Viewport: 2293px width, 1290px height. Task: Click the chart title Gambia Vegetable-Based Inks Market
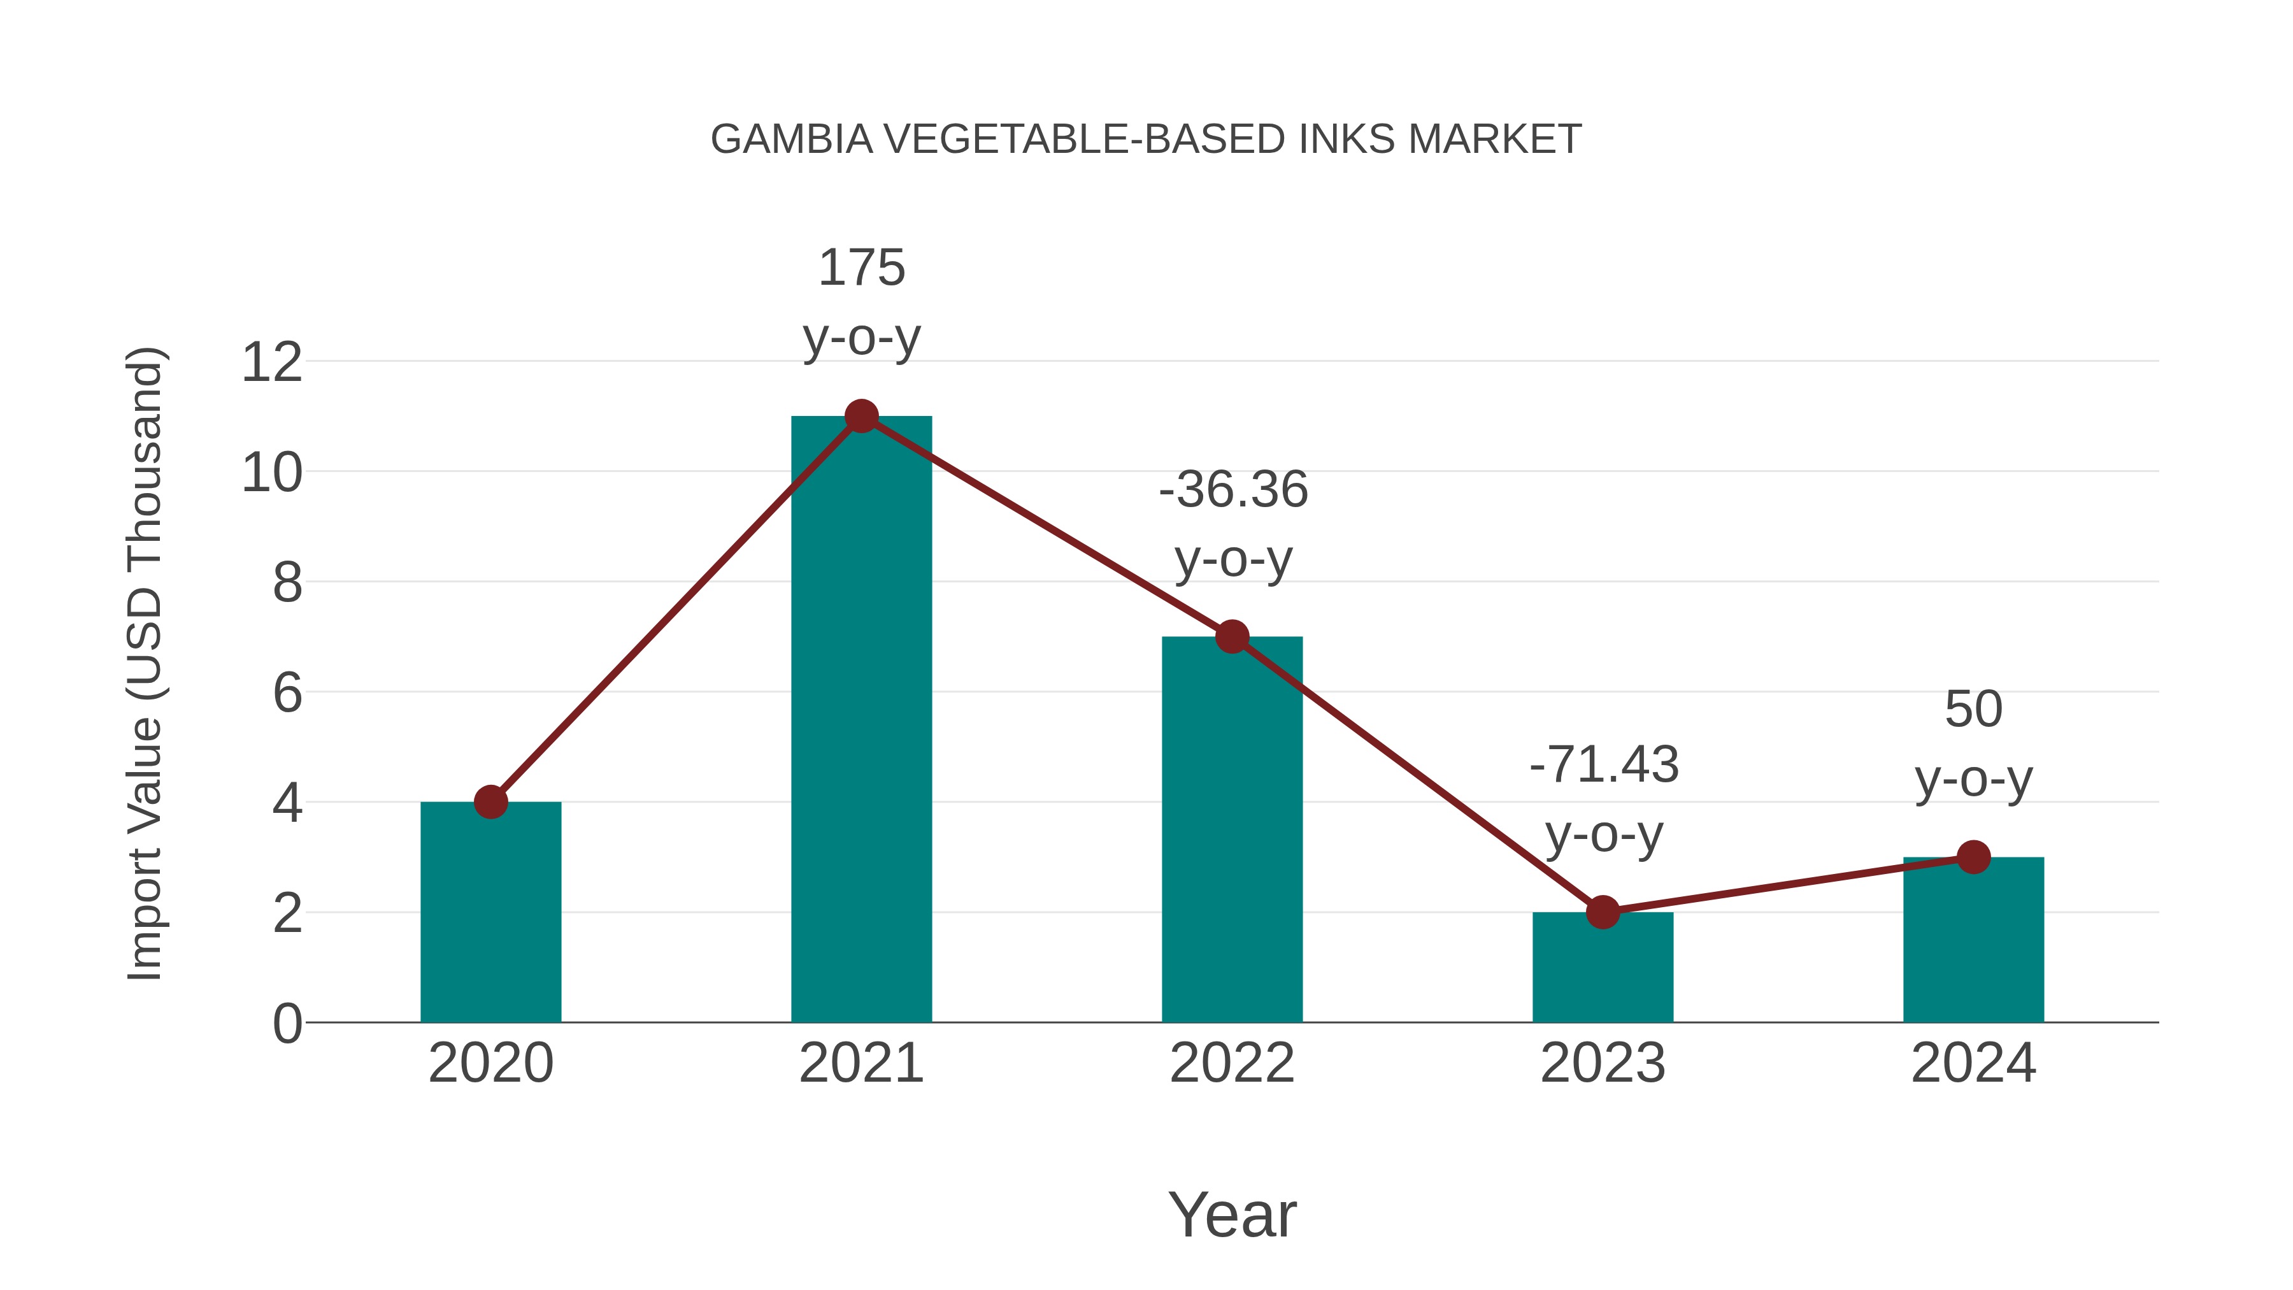pos(1146,140)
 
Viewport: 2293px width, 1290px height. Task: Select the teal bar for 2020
pos(490,917)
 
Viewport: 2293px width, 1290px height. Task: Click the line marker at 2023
pos(1603,912)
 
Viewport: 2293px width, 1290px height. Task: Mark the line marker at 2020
pos(490,802)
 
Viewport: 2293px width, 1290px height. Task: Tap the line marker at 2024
pos(1973,857)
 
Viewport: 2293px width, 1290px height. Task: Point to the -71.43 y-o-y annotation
pos(1604,799)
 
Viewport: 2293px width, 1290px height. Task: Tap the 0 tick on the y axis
pos(287,1024)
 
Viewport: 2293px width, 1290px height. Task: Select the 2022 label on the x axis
pos(1232,1064)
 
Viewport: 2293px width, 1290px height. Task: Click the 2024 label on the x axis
pos(1973,1064)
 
